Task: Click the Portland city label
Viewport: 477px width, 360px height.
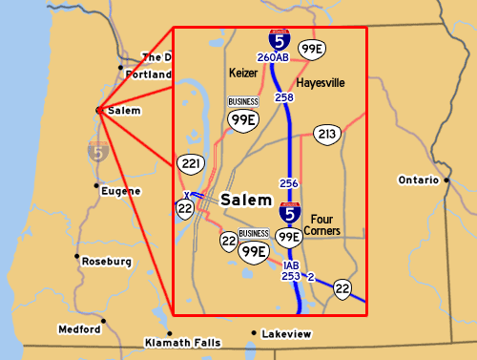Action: point(147,74)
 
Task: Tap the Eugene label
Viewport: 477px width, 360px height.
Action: point(120,191)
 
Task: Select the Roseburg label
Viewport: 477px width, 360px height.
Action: point(105,260)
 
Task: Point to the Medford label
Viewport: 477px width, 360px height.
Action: point(79,329)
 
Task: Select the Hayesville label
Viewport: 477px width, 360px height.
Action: point(320,83)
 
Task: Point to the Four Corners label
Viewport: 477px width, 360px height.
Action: point(326,224)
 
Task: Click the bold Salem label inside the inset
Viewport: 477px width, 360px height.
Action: point(246,201)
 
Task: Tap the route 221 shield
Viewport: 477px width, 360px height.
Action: point(192,165)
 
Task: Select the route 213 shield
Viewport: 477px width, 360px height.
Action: point(327,135)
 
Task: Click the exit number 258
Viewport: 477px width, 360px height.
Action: point(284,97)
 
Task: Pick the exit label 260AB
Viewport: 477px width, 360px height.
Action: point(274,58)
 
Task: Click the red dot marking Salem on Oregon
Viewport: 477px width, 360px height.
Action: point(99,110)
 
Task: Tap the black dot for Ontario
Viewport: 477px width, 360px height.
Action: point(446,180)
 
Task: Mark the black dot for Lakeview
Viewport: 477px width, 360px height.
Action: point(254,333)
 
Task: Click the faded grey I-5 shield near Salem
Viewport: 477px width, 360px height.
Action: point(97,151)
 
